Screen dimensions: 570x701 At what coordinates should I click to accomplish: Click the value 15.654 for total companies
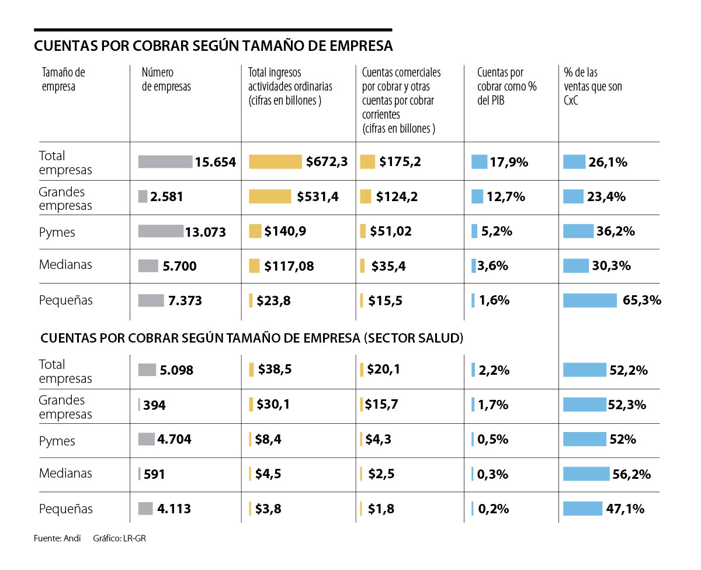click(x=216, y=162)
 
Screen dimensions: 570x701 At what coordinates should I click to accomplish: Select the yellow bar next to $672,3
click(x=275, y=162)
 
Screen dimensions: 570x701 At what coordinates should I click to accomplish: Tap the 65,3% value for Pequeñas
click(x=642, y=300)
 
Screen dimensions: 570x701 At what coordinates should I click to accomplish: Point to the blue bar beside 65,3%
click(x=589, y=300)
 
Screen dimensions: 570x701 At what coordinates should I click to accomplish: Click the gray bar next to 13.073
click(x=160, y=232)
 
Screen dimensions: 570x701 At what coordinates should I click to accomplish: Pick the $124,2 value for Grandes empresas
click(x=397, y=197)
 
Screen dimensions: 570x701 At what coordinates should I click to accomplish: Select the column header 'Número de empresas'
click(x=166, y=80)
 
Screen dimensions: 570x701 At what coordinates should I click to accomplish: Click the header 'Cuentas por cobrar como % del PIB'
click(x=506, y=87)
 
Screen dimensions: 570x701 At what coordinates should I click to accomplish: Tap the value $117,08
click(x=289, y=267)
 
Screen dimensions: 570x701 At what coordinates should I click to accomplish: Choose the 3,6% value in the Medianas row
click(x=493, y=266)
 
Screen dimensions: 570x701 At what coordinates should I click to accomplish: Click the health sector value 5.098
click(x=176, y=371)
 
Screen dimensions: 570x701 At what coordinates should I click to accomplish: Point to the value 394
click(x=154, y=405)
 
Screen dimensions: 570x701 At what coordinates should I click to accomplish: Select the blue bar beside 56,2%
click(x=586, y=474)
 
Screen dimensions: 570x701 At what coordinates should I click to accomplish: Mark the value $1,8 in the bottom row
click(x=381, y=509)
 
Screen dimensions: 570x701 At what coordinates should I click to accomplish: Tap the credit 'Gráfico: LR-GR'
click(x=119, y=538)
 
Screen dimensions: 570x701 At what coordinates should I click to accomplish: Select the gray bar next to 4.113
click(x=145, y=509)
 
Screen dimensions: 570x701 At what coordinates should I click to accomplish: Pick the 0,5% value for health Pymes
click(x=492, y=440)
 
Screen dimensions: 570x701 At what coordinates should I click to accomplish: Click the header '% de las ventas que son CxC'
click(x=593, y=87)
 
